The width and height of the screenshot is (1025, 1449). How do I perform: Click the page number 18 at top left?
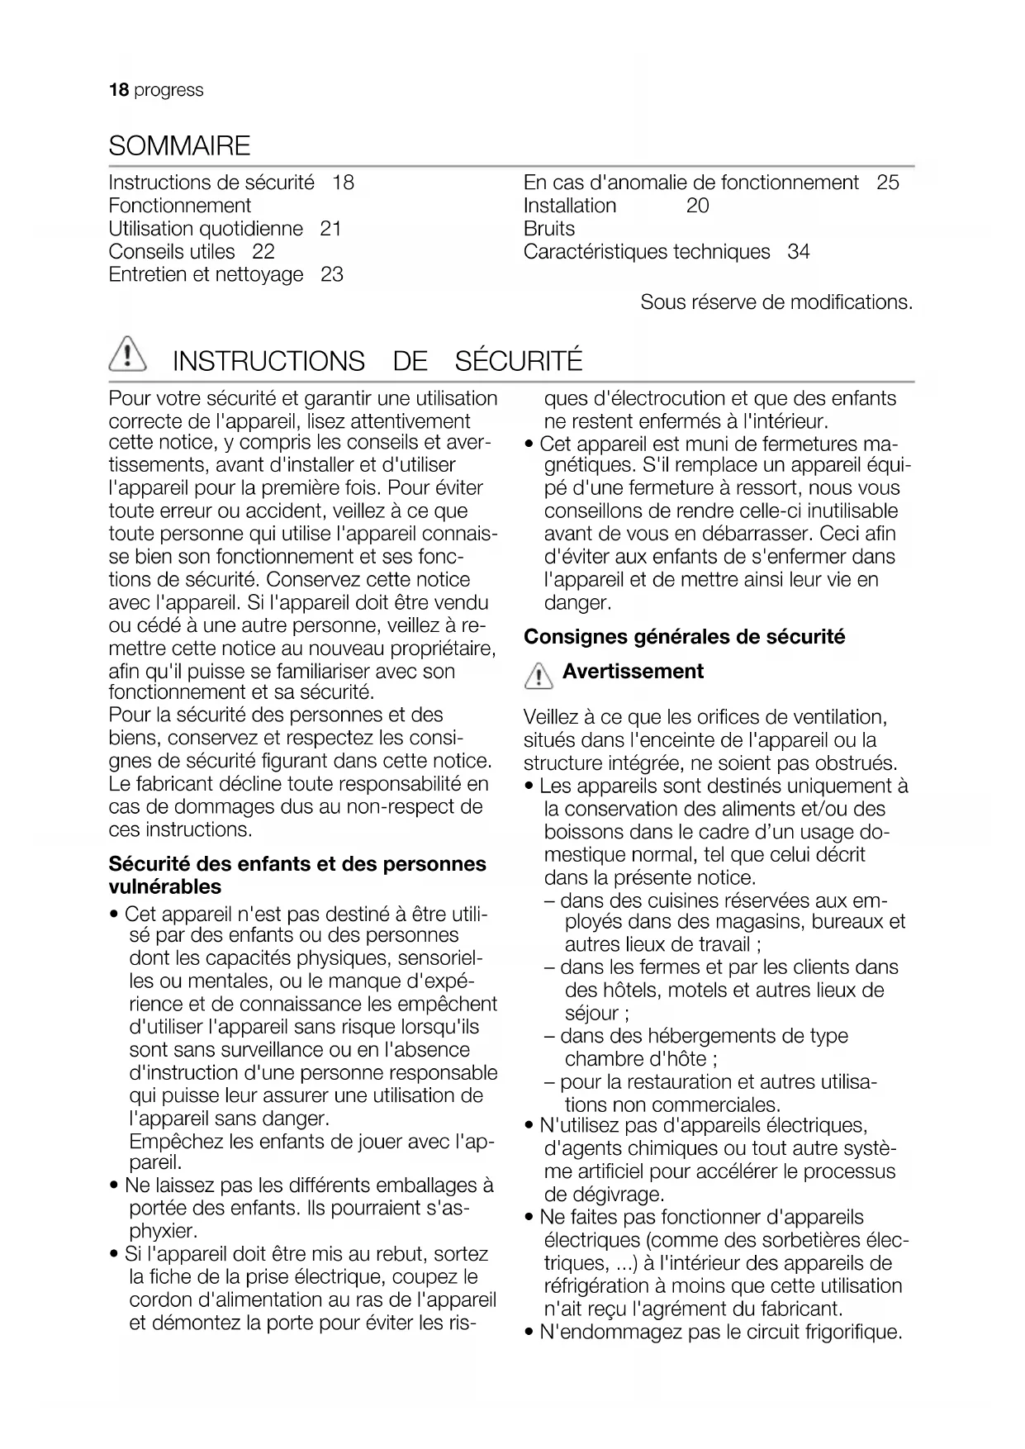119,90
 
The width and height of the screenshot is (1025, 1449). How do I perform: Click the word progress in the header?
168,90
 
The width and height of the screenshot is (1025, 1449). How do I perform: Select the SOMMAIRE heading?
179,146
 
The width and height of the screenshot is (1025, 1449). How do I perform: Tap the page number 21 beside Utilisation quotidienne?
330,229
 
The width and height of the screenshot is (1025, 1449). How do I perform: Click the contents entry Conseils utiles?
172,252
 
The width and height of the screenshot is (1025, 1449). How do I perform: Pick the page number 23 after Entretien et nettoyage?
331,275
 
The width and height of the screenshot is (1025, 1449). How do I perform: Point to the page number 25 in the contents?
888,183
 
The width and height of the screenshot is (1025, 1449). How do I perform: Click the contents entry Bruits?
549,229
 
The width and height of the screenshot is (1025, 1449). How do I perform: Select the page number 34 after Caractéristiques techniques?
799,252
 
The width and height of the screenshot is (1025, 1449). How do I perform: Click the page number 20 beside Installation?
697,206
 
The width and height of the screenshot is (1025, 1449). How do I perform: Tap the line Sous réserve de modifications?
776,302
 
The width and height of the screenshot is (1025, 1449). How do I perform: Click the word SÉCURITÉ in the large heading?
519,361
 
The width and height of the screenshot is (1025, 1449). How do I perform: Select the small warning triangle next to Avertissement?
539,677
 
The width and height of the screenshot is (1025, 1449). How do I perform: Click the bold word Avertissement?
633,672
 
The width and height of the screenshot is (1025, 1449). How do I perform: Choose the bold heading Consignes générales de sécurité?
684,637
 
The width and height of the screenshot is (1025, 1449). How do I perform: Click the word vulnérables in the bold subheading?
165,887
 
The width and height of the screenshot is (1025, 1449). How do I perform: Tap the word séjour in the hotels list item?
591,1014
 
